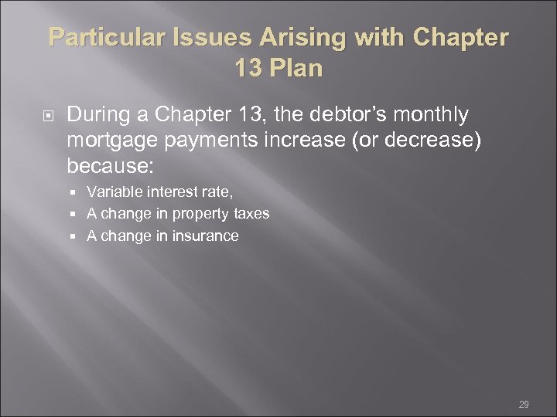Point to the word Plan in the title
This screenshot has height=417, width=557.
click(x=295, y=68)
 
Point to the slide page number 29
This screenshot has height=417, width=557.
click(x=524, y=405)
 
